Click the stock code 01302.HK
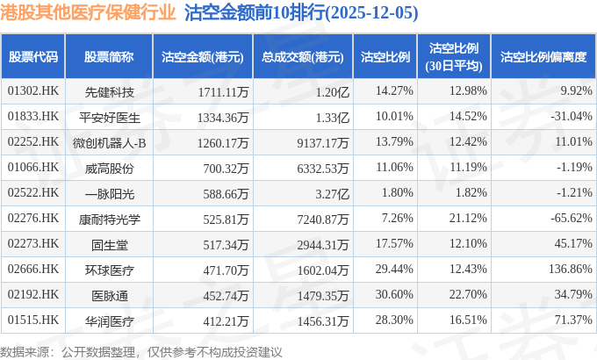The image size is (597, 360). click(x=33, y=90)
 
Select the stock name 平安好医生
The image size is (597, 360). click(x=110, y=116)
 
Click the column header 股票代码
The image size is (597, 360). click(x=33, y=56)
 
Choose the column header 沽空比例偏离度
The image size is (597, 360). click(x=543, y=56)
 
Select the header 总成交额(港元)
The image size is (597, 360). click(x=301, y=56)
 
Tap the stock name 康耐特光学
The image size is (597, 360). click(x=110, y=218)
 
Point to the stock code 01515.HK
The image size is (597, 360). click(x=33, y=320)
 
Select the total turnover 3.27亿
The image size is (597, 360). click(x=333, y=192)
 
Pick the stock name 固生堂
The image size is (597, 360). click(x=110, y=243)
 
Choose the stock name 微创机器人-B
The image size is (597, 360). click(x=110, y=141)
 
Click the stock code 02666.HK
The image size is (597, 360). click(x=33, y=269)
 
